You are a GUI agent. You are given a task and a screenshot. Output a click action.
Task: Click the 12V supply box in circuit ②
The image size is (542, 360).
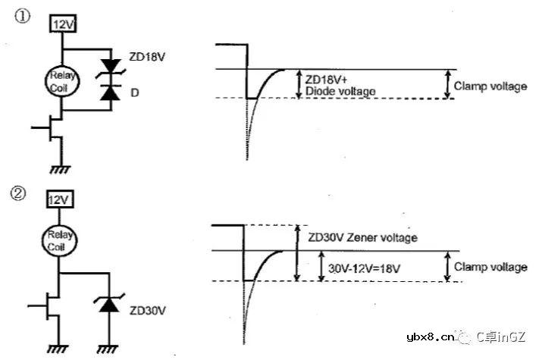[x=59, y=200]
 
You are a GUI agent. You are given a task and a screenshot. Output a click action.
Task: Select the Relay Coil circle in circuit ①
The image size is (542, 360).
[x=61, y=80]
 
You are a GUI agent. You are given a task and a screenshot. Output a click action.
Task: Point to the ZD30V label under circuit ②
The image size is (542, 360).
[x=146, y=310]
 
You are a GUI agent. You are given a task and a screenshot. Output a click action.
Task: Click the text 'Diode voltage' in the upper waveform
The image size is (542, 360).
[x=340, y=91]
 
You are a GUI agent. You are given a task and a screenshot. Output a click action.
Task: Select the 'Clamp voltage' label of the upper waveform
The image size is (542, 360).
[x=490, y=86]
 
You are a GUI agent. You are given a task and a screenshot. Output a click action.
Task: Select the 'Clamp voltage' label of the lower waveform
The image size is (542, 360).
[x=490, y=267]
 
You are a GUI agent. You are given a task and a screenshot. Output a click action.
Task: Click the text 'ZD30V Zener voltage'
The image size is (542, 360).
[x=362, y=237]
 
